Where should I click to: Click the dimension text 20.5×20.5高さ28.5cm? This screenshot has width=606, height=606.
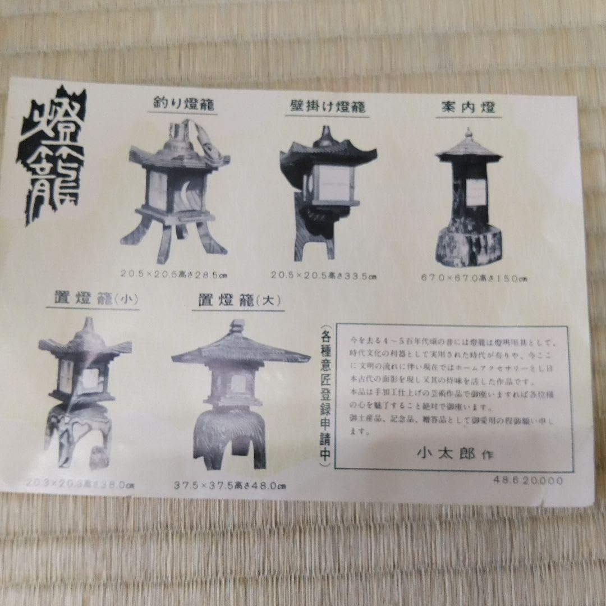point(176,274)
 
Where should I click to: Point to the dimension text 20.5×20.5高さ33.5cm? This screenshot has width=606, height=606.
point(324,276)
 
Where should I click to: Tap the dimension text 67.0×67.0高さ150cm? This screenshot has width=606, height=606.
point(475,278)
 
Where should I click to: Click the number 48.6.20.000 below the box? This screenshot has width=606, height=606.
point(528,480)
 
